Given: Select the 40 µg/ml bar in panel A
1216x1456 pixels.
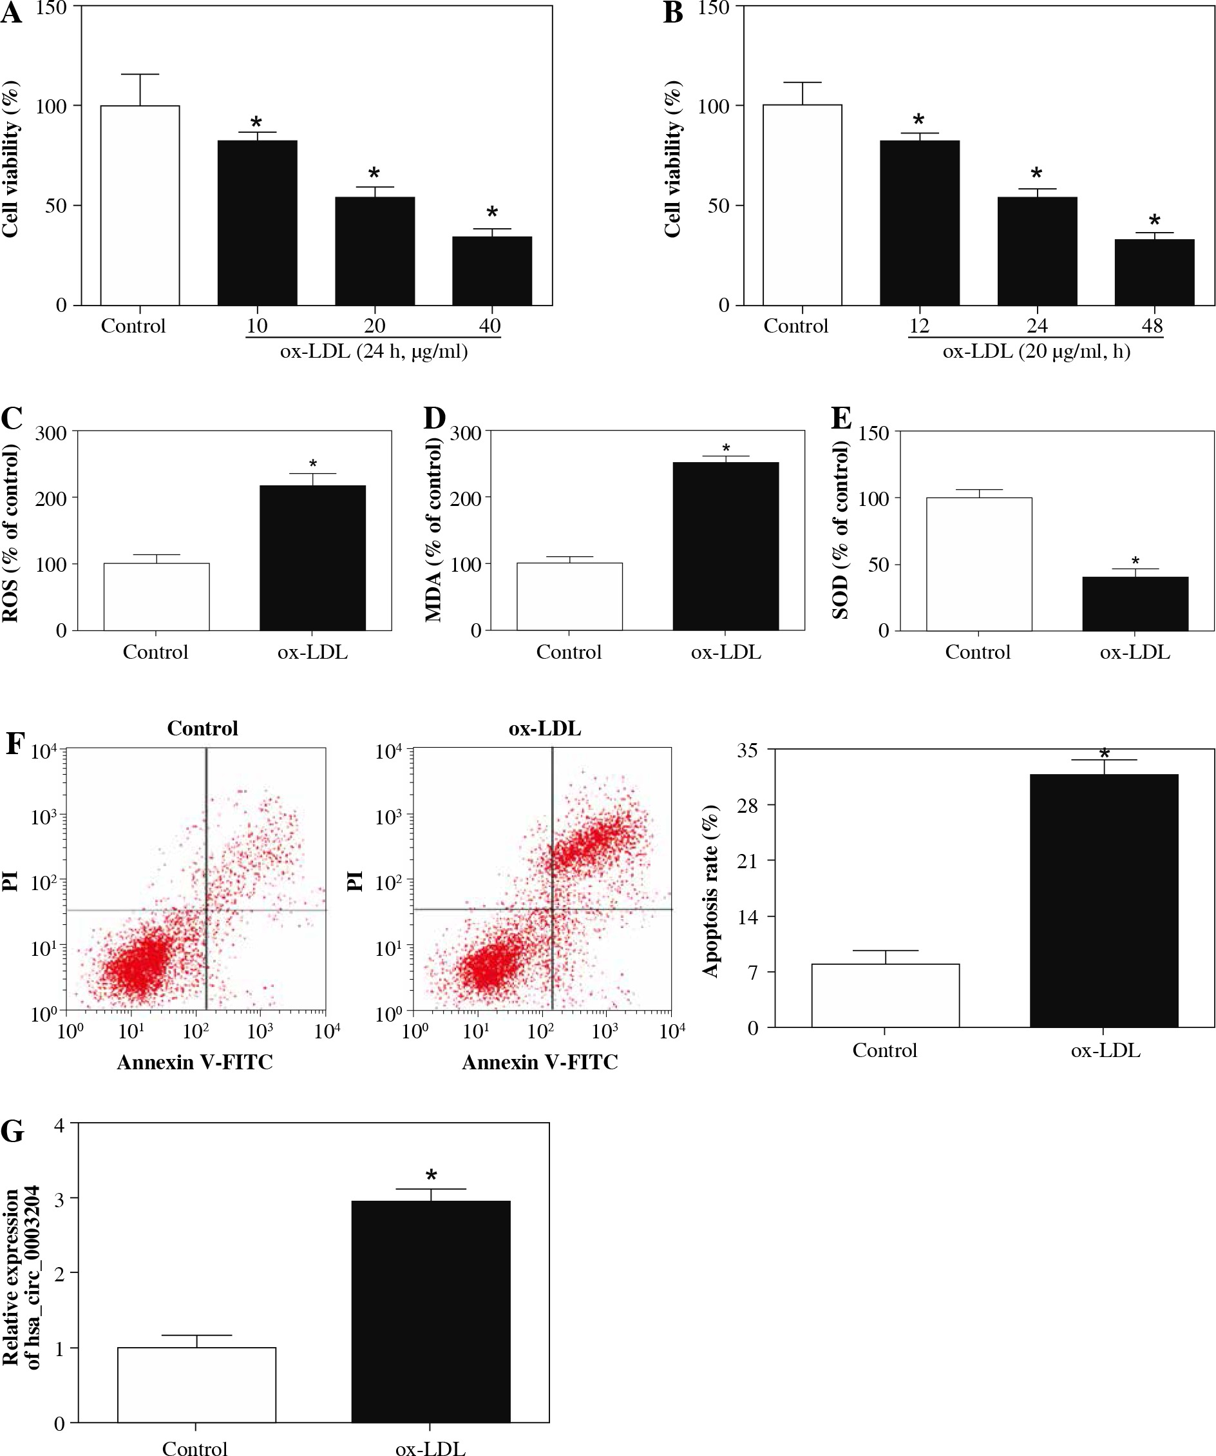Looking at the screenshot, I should pos(492,271).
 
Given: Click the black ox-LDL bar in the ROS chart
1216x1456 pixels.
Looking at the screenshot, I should pos(312,558).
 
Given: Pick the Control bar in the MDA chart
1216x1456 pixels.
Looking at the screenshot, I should pos(569,596).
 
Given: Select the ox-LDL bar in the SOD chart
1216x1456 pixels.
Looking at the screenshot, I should pos(1135,604).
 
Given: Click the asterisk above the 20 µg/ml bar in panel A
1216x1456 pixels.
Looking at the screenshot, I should pos(374,174).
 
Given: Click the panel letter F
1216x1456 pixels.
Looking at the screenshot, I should pos(14,744).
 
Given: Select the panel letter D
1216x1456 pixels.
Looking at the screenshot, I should pos(435,419).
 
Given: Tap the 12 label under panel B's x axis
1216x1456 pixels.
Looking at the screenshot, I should pos(918,326).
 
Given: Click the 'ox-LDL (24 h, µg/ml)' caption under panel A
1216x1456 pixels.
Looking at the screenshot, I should pos(374,351).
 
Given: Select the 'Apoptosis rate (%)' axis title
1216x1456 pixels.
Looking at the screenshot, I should pos(711,891).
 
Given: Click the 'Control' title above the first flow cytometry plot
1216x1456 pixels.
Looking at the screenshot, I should pos(202,728).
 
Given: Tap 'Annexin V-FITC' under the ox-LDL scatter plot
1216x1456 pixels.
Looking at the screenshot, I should pos(540,1062).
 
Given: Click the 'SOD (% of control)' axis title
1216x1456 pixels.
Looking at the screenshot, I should pos(840,531).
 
